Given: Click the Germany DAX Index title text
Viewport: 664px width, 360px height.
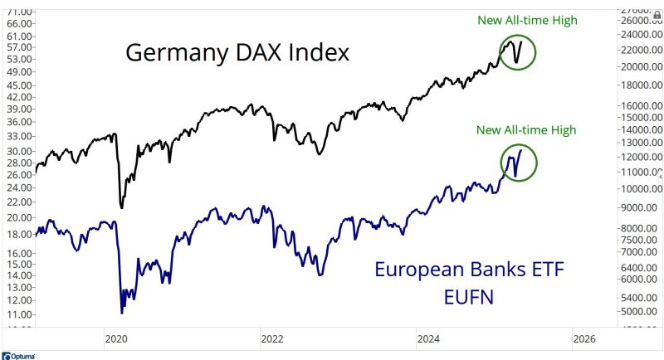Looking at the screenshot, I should (x=237, y=53).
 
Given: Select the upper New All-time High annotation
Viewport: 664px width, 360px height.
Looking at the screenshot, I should (x=526, y=20).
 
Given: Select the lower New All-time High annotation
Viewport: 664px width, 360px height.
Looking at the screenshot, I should (x=525, y=129).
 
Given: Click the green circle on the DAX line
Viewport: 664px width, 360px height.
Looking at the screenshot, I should (x=518, y=52).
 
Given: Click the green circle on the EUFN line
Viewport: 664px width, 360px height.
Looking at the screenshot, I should (x=517, y=161).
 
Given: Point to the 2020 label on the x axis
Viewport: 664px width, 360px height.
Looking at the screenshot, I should (x=115, y=338).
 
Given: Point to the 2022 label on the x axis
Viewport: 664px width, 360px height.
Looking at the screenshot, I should (x=271, y=338).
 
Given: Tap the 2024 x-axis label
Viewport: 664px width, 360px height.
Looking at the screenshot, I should (x=428, y=338).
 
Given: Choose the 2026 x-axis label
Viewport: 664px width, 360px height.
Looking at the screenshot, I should (x=584, y=338).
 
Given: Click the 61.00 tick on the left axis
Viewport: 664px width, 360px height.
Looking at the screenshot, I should (x=18, y=24).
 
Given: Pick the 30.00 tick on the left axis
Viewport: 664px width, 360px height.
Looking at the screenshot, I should (x=18, y=151).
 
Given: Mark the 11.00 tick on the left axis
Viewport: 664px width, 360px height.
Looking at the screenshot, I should (x=18, y=314).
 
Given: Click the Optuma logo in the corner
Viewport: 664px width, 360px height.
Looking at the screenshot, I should (x=17, y=355).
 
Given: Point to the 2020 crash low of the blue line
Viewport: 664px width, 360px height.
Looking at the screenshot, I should (x=122, y=312).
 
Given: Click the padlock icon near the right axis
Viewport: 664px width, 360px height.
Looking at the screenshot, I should (x=657, y=16).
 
